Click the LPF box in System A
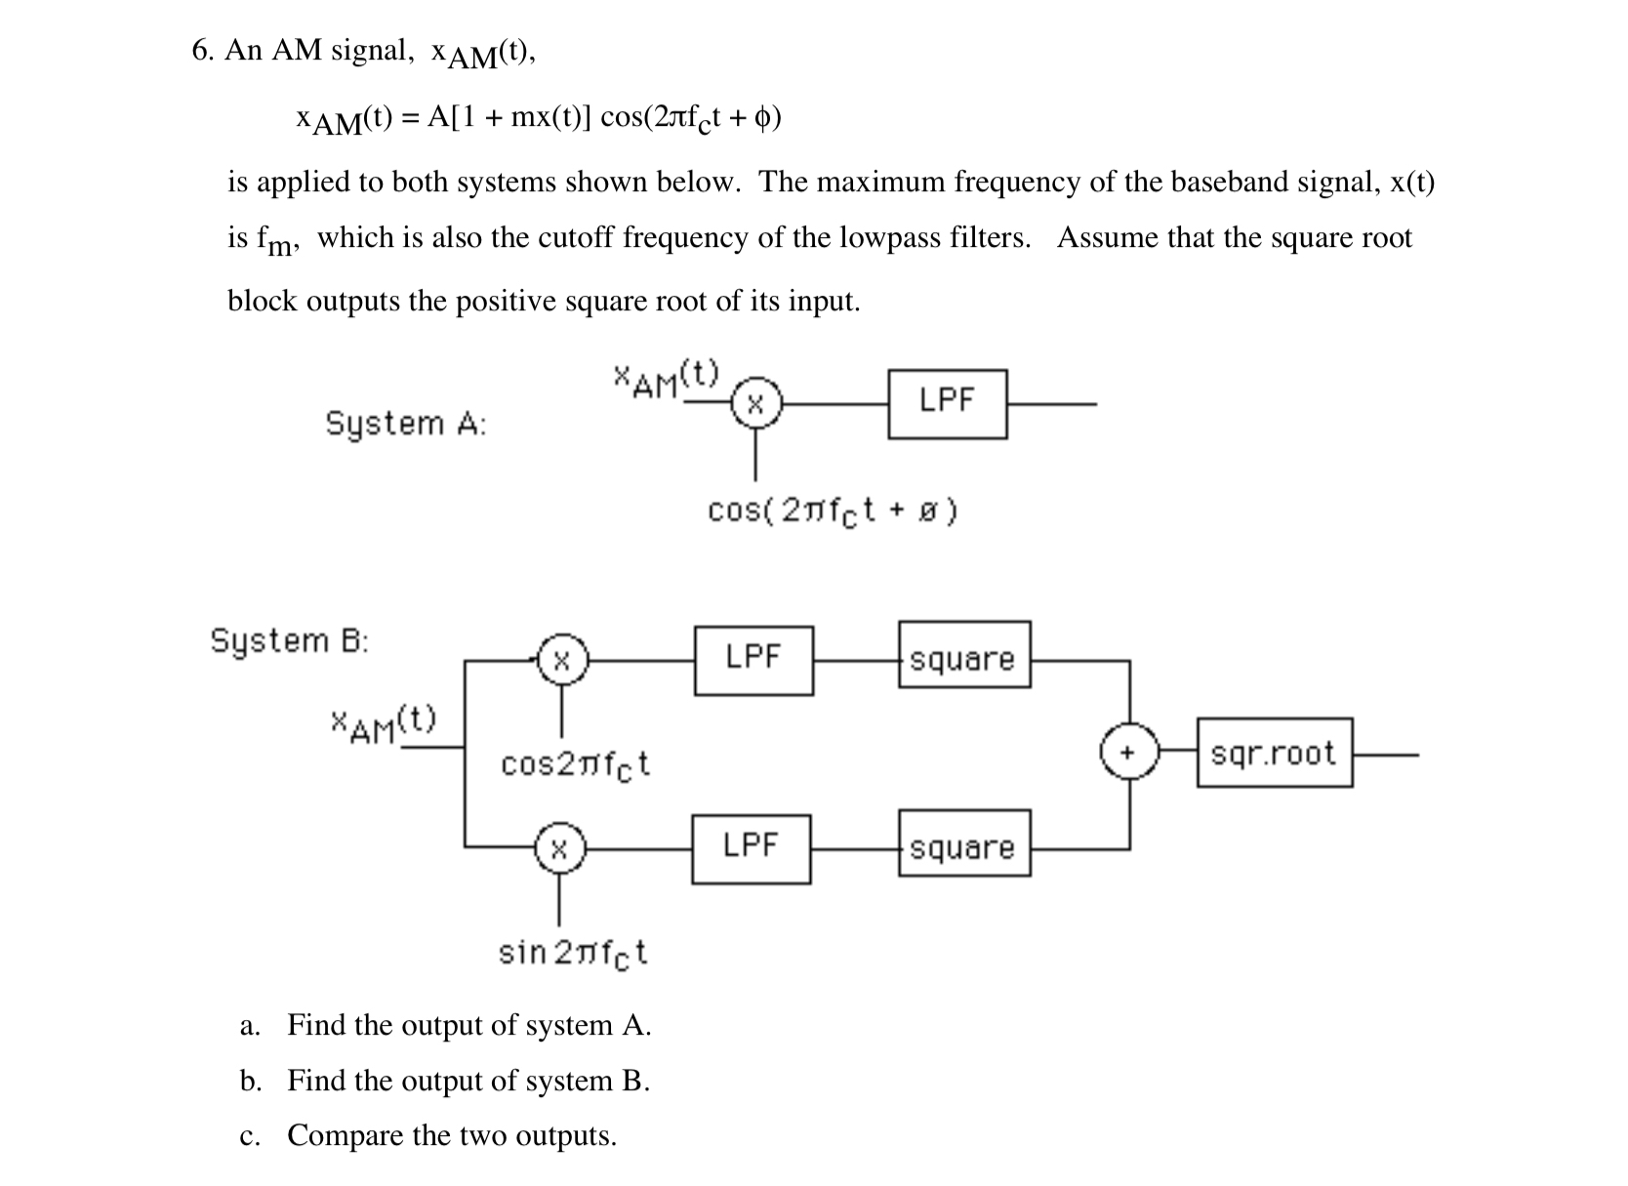(948, 404)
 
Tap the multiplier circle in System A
(755, 403)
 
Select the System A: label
(406, 425)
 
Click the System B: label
(289, 641)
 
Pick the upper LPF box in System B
(753, 661)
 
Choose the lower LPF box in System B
(752, 849)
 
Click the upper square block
(964, 654)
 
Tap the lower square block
(964, 843)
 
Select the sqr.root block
(1275, 753)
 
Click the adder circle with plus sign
(1129, 753)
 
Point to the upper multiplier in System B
(562, 660)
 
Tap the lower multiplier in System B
(559, 848)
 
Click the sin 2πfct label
(573, 955)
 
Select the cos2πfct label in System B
(575, 765)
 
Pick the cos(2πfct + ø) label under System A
(833, 511)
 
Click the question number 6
(202, 50)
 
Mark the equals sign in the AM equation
(411, 118)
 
